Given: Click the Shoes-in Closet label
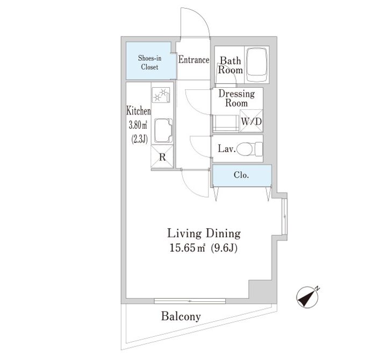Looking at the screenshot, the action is pos(149,62).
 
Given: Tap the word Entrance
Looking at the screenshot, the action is pos(193,60).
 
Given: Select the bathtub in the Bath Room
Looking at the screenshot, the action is pos(257,65).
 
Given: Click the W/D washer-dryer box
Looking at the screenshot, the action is pos(251,121).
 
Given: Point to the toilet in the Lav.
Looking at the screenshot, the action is pos(249,149).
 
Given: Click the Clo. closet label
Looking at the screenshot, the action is pos(241,175).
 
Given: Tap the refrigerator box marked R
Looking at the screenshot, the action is pos(162,157).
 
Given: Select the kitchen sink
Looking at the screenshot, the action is pos(163,131).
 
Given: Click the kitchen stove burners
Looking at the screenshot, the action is pos(161,95).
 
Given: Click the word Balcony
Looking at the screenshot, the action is pos(181,316).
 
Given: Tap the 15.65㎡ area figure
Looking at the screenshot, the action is pos(188,248).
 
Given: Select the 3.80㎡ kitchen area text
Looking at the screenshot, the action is pos(138,125).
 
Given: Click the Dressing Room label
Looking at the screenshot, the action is pos(236,98).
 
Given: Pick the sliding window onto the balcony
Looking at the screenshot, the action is pos(190,301).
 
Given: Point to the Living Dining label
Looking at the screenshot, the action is pos(204,234).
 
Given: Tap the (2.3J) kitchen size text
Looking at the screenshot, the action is pos(139,139).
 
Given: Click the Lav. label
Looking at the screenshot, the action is pos(227,149).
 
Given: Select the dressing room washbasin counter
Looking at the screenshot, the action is pos(226,123).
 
